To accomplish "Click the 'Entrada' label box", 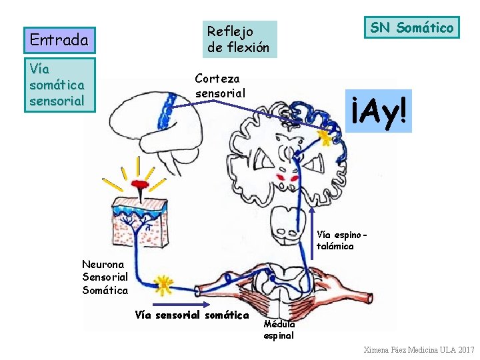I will [59, 40].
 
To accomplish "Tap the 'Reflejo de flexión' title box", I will [238, 39].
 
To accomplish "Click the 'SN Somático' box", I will [411, 27].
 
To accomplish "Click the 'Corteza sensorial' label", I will [220, 85].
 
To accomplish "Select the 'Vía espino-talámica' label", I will [341, 241].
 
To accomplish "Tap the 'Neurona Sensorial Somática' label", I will [105, 277].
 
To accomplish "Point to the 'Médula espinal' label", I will [279, 330].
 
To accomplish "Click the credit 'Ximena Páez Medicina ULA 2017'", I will [419, 350].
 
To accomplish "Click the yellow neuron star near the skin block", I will [162, 284].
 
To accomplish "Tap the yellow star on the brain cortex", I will [325, 137].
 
